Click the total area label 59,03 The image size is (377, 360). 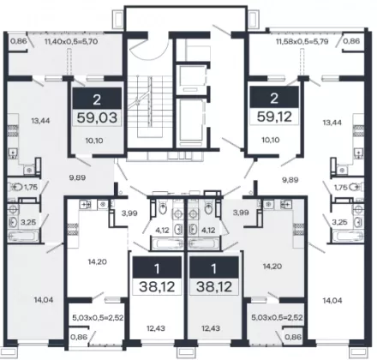pyautogui.click(x=97, y=117)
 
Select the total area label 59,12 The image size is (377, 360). pyautogui.click(x=274, y=117)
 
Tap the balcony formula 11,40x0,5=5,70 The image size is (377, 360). pyautogui.click(x=71, y=41)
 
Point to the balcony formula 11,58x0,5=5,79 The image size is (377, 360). pyautogui.click(x=302, y=41)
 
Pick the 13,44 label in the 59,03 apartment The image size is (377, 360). pyautogui.click(x=40, y=121)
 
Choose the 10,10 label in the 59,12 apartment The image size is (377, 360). pyautogui.click(x=271, y=140)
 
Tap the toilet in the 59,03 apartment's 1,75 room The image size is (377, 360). pyautogui.click(x=16, y=188)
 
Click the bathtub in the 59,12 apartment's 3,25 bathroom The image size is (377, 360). pyautogui.click(x=348, y=237)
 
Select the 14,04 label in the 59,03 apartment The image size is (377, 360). pyautogui.click(x=44, y=300)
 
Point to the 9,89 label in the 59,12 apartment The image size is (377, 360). pyautogui.click(x=290, y=180)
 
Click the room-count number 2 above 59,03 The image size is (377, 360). pyautogui.click(x=97, y=99)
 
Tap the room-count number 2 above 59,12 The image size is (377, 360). pyautogui.click(x=274, y=98)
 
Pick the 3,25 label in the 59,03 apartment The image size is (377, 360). pyautogui.click(x=28, y=222)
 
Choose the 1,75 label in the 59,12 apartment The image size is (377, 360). pyautogui.click(x=340, y=188)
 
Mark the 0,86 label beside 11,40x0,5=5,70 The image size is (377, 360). pyautogui.click(x=19, y=41)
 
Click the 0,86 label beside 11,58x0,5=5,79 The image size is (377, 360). pyautogui.click(x=351, y=41)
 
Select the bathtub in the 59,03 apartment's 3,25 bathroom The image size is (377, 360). pyautogui.click(x=23, y=237)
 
